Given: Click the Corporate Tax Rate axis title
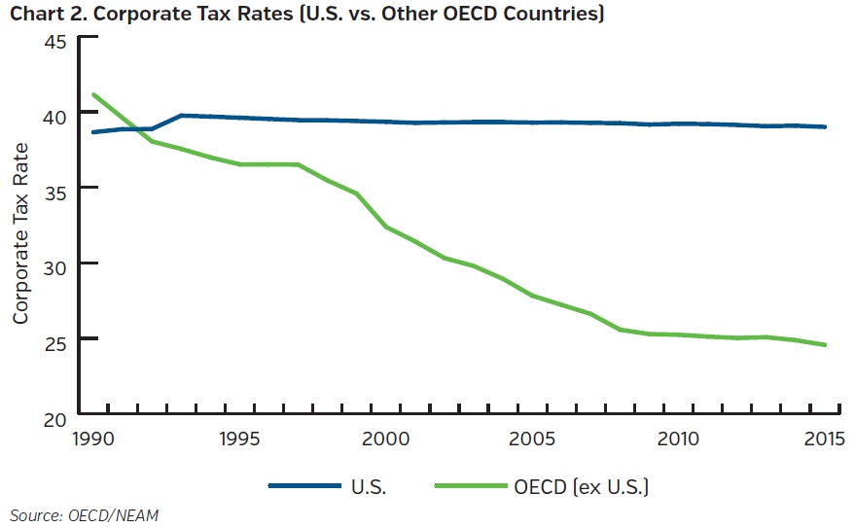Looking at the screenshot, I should pyautogui.click(x=20, y=232).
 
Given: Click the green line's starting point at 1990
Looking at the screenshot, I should pyautogui.click(x=93, y=94).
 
